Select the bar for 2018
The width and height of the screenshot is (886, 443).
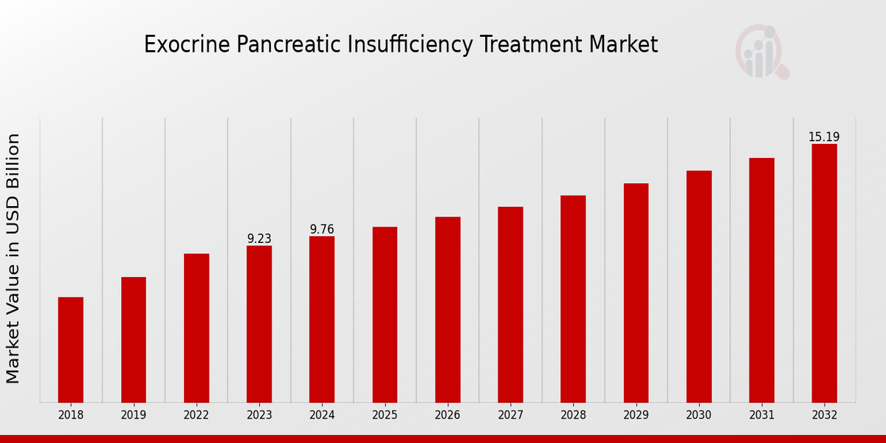pyautogui.click(x=71, y=350)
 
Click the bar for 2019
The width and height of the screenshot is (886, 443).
pyautogui.click(x=134, y=340)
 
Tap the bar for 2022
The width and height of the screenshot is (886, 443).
pyautogui.click(x=196, y=328)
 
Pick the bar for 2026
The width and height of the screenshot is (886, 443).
pyautogui.click(x=447, y=309)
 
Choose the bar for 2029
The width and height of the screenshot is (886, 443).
pyautogui.click(x=636, y=292)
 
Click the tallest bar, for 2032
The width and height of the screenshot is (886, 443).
pyautogui.click(x=824, y=273)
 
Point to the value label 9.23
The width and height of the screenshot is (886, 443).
pyautogui.click(x=259, y=238)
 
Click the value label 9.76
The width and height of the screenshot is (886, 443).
pyautogui.click(x=322, y=230)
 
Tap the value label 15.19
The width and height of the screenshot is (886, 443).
pyautogui.click(x=824, y=137)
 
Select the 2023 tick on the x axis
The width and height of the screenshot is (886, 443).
pyautogui.click(x=259, y=416)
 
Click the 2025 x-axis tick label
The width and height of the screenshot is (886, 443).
pyautogui.click(x=385, y=416)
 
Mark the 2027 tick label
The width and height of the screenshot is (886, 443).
pyautogui.click(x=510, y=416)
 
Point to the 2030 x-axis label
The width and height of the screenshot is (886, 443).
pyautogui.click(x=698, y=416)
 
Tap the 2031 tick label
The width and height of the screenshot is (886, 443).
pyautogui.click(x=761, y=416)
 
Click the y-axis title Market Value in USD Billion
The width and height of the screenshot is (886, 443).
pyautogui.click(x=13, y=258)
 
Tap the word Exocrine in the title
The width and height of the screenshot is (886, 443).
pyautogui.click(x=187, y=45)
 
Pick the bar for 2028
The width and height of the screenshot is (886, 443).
pyautogui.click(x=573, y=299)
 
